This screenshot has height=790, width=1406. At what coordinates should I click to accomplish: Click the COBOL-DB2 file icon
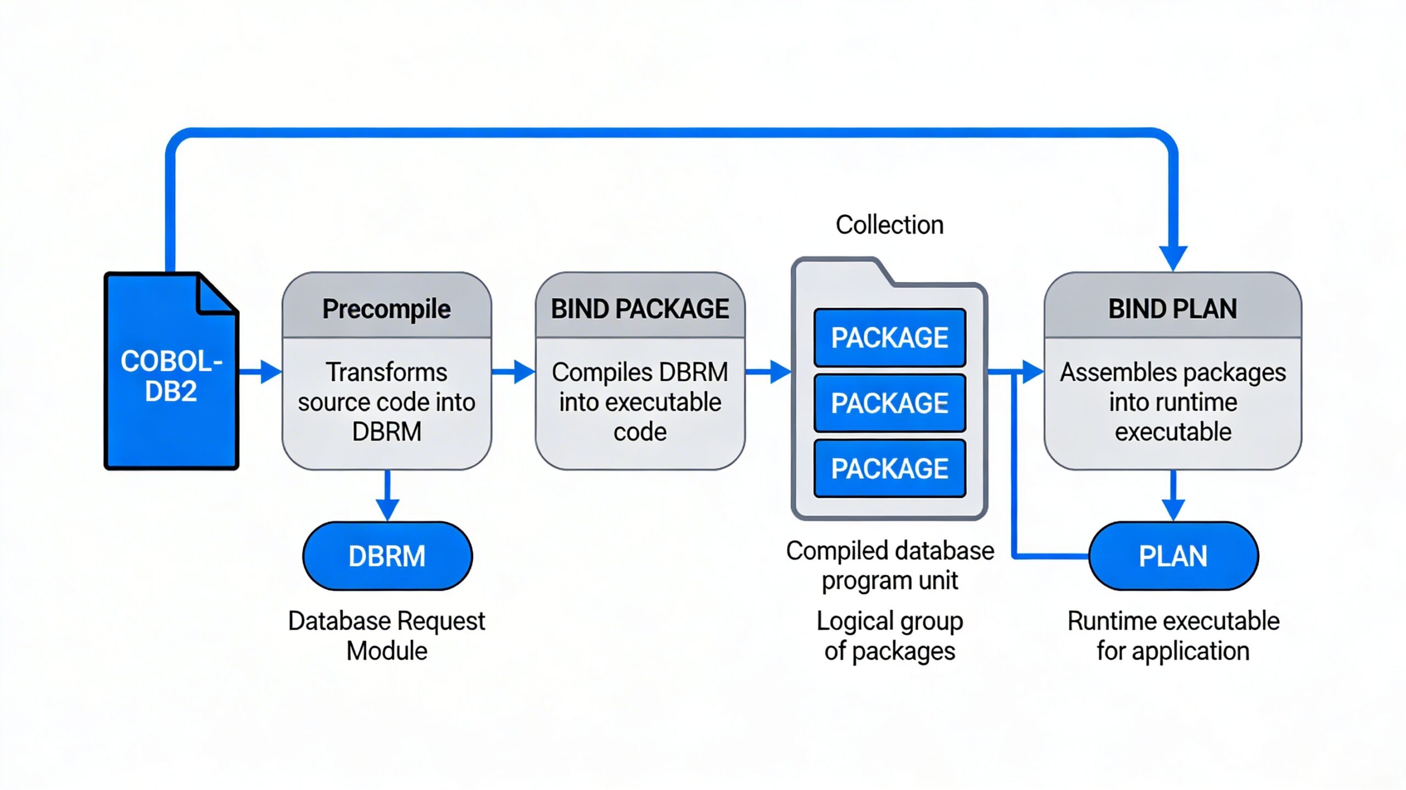(171, 371)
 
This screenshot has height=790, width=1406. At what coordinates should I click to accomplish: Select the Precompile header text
(387, 309)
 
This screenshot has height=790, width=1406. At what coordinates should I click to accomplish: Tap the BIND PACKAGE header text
(640, 309)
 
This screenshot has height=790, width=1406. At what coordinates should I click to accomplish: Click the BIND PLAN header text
(1173, 309)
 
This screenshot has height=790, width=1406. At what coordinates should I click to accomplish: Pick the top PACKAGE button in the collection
(890, 337)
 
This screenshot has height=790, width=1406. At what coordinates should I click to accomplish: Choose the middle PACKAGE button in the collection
(890, 403)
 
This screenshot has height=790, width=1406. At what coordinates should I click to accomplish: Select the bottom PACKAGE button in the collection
(890, 469)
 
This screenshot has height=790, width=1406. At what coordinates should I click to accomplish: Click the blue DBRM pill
(387, 556)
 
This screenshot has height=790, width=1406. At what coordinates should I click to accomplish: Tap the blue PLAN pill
(1173, 556)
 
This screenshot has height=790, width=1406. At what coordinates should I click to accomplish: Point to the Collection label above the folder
(890, 225)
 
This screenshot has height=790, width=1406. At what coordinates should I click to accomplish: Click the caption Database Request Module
(387, 636)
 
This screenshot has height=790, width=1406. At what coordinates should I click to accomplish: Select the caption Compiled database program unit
(890, 565)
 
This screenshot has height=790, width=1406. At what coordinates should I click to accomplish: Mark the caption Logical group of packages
(890, 636)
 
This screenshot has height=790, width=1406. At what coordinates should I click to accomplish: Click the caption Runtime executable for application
(1173, 636)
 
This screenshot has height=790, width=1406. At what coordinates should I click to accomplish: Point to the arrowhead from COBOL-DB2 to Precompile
(270, 372)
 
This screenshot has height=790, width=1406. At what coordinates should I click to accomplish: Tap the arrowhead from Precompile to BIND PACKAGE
(523, 372)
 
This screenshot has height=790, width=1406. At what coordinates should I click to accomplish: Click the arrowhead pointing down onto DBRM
(388, 509)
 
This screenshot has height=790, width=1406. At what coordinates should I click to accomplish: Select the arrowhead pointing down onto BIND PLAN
(1173, 257)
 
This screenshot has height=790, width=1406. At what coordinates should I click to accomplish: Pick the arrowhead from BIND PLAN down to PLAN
(1173, 509)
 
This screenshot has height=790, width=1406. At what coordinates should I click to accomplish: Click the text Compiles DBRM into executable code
(640, 402)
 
